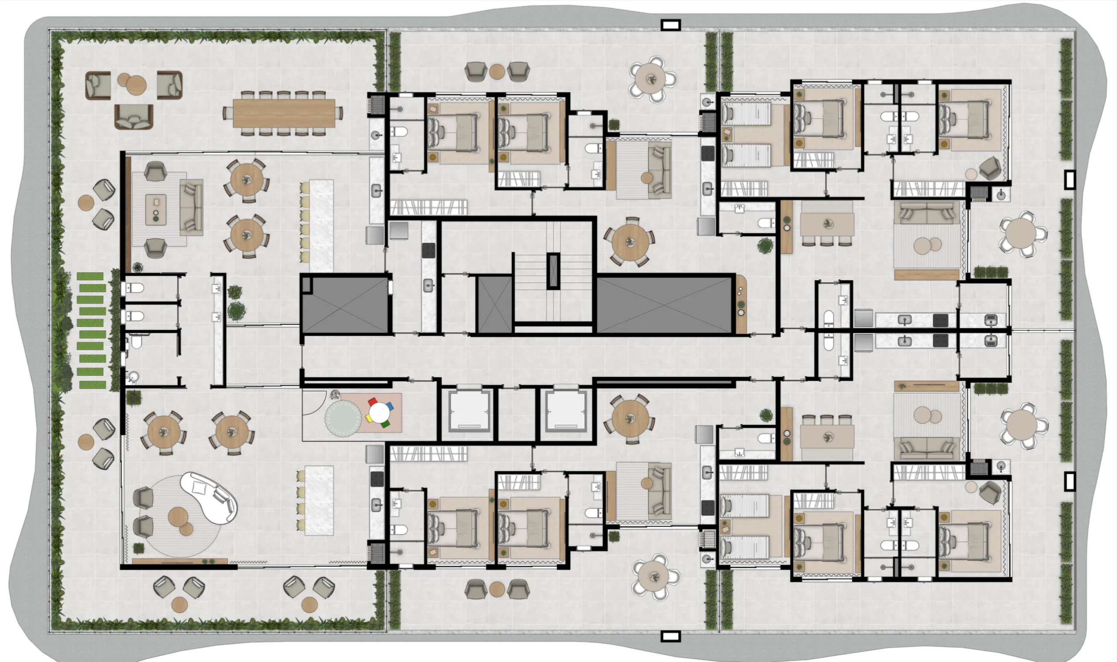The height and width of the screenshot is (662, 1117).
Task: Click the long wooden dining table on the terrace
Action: point(284,113)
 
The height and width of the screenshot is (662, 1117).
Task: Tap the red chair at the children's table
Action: point(371,402)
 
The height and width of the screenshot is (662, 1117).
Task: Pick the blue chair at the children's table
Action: point(390,406)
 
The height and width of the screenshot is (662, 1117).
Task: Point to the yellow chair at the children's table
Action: point(369,418)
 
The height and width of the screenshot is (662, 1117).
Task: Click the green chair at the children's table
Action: point(385,423)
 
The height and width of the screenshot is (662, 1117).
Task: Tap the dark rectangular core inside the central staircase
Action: point(553,271)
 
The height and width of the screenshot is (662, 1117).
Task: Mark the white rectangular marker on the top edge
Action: point(670,25)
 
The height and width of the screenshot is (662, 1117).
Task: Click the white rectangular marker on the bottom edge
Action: point(670,636)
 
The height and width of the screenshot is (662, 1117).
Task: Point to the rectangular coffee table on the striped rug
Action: point(156,209)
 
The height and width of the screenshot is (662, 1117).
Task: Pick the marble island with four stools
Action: point(319,500)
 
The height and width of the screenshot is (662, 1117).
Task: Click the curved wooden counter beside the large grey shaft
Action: point(741,304)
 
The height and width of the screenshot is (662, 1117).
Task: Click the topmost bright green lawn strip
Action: point(91,276)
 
